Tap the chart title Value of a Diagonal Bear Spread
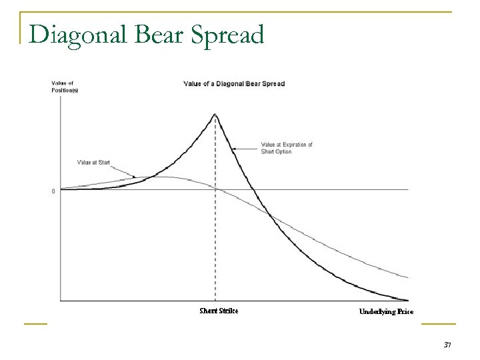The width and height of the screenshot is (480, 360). pyautogui.click(x=234, y=83)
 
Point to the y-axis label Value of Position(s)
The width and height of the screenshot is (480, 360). pyautogui.click(x=65, y=87)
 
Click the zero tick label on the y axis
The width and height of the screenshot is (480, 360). pyautogui.click(x=53, y=191)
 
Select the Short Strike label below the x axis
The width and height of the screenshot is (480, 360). pyautogui.click(x=219, y=311)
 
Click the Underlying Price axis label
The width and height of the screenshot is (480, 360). pyautogui.click(x=386, y=311)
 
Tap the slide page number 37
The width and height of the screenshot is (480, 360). pyautogui.click(x=447, y=344)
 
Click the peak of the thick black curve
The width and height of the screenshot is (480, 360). pyautogui.click(x=215, y=114)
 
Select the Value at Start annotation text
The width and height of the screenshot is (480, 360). pyautogui.click(x=93, y=162)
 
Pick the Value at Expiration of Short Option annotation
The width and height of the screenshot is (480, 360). pyautogui.click(x=286, y=148)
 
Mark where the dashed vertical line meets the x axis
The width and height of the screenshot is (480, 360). pyautogui.click(x=215, y=301)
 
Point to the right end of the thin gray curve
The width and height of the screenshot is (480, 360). pyautogui.click(x=408, y=277)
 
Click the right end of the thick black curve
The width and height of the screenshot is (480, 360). pyautogui.click(x=408, y=300)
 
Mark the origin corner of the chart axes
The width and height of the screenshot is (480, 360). pyautogui.click(x=60, y=301)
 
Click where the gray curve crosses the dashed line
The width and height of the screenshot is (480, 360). pyautogui.click(x=215, y=189)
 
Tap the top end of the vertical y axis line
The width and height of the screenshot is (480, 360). pyautogui.click(x=60, y=95)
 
